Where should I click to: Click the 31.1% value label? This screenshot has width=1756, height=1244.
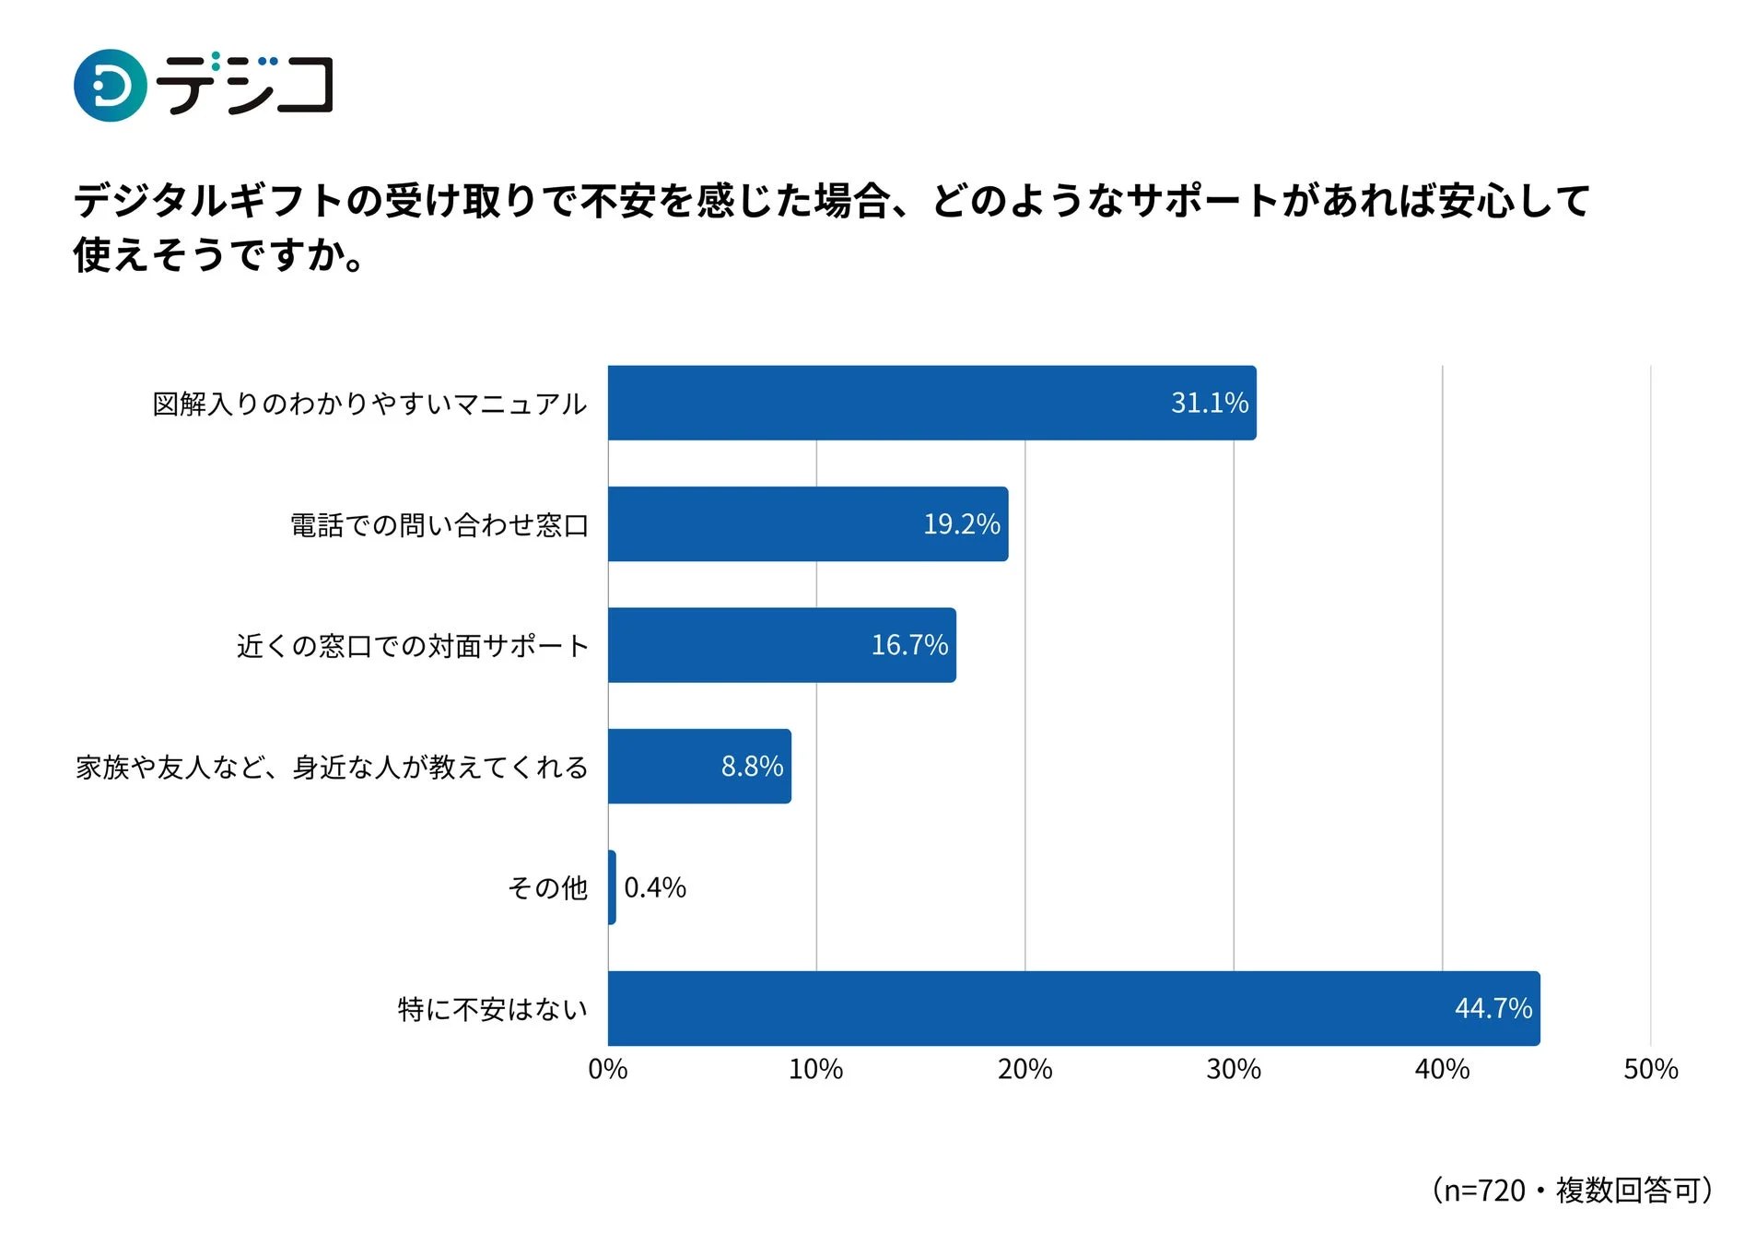pyautogui.click(x=1209, y=403)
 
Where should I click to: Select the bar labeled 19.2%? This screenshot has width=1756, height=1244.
pyautogui.click(x=807, y=523)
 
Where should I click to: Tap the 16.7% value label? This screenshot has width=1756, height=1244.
pyautogui.click(x=908, y=644)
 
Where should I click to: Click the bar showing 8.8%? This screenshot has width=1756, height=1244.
pyautogui.click(x=698, y=766)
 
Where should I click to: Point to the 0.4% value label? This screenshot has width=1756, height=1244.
pyautogui.click(x=654, y=887)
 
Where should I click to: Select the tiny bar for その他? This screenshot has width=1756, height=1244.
pyautogui.click(x=612, y=886)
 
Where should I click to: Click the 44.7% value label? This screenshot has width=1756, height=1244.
pyautogui.click(x=1493, y=1007)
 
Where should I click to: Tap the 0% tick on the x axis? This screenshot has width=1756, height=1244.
pyautogui.click(x=607, y=1069)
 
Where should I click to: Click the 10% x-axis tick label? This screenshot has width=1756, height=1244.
pyautogui.click(x=815, y=1069)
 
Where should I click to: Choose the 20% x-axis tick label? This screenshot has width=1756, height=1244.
pyautogui.click(x=1024, y=1069)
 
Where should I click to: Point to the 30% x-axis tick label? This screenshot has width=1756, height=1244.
pyautogui.click(x=1233, y=1069)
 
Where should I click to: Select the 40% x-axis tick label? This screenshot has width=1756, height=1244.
pyautogui.click(x=1442, y=1069)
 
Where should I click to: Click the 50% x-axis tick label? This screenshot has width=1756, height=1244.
pyautogui.click(x=1650, y=1069)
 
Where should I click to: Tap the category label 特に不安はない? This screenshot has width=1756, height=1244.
pyautogui.click(x=492, y=1009)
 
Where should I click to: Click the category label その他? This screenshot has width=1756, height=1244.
pyautogui.click(x=547, y=887)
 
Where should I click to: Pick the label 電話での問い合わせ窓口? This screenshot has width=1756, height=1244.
pyautogui.click(x=439, y=525)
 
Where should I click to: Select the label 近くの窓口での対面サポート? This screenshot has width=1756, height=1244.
pyautogui.click(x=412, y=646)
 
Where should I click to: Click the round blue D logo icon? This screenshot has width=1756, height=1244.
pyautogui.click(x=110, y=86)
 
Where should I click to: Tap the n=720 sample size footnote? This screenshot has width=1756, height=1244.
pyautogui.click(x=1572, y=1190)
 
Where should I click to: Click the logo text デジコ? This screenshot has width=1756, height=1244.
pyautogui.click(x=244, y=86)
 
